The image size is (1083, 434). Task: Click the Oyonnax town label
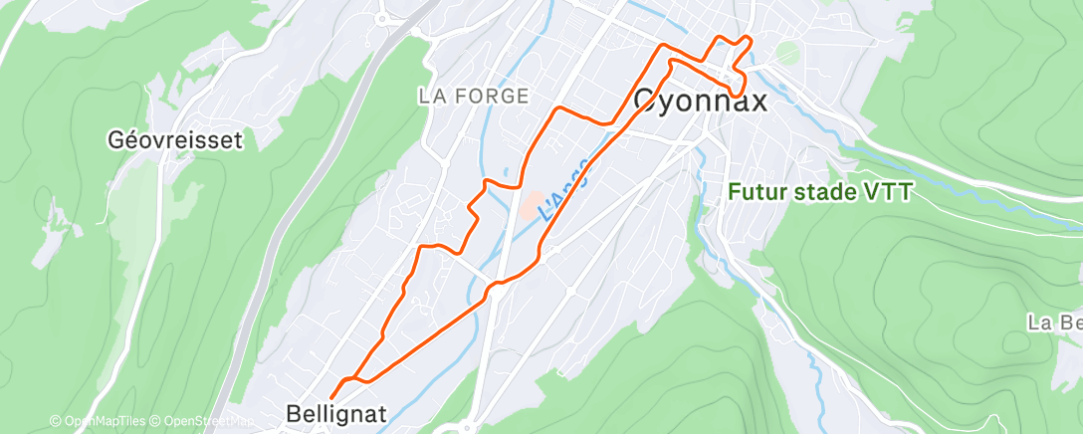pyautogui.click(x=701, y=101)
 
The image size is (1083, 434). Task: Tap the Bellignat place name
pyautogui.click(x=334, y=413)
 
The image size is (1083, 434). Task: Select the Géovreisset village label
pyautogui.click(x=174, y=140)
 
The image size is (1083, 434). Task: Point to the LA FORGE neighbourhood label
pyautogui.click(x=473, y=96)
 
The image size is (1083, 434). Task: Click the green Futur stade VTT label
pyautogui.click(x=818, y=192)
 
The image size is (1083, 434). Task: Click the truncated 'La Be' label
pyautogui.click(x=1055, y=323)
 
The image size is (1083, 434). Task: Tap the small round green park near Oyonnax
pyautogui.click(x=787, y=53)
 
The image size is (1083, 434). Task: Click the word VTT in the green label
pyautogui.click(x=890, y=192)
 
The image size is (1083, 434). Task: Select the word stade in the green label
pyautogui.click(x=830, y=192)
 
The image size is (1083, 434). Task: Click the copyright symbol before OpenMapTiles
pyautogui.click(x=56, y=422)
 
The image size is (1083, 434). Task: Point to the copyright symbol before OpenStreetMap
pyautogui.click(x=156, y=422)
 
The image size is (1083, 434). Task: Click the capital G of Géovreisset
pyautogui.click(x=115, y=140)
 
